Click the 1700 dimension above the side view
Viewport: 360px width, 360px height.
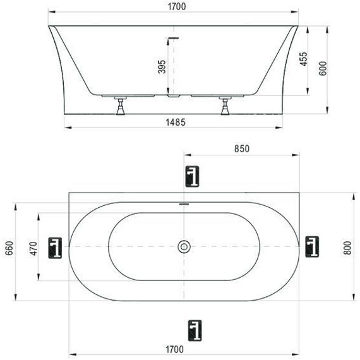click(x=177, y=7)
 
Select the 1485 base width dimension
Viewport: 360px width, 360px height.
click(x=176, y=123)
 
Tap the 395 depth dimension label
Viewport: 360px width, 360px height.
click(x=162, y=66)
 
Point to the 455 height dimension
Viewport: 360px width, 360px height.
click(x=304, y=59)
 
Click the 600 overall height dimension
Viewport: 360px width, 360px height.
click(x=323, y=68)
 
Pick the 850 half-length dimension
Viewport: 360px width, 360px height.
click(x=242, y=149)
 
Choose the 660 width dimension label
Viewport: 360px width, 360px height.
click(x=9, y=248)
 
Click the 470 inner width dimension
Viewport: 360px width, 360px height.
click(x=33, y=248)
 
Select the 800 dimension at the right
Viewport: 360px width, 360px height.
click(x=347, y=248)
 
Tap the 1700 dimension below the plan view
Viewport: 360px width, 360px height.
click(x=175, y=350)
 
